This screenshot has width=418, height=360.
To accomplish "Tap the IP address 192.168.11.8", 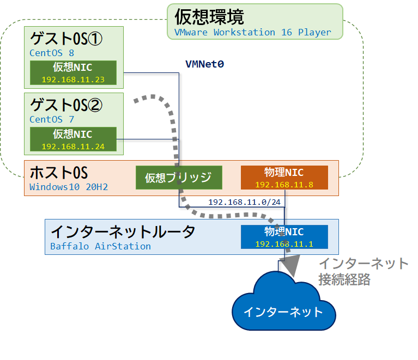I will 284,185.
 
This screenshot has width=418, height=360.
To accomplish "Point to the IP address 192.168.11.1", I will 284,243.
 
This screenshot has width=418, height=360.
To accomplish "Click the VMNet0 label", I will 204,64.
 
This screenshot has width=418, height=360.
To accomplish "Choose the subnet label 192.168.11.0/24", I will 244,203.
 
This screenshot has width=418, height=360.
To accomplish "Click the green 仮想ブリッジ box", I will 179,178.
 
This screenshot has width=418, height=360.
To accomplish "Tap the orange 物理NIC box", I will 284,178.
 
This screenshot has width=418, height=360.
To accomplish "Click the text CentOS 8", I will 52,53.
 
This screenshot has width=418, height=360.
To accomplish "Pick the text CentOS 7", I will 52,119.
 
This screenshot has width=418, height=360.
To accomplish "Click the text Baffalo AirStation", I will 100,246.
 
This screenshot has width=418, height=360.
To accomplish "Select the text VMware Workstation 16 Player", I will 252,32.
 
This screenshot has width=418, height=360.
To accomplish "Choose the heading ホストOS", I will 58,173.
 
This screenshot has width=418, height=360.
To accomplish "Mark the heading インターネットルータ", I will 123,231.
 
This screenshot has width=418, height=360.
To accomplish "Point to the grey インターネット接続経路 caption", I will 363,272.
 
